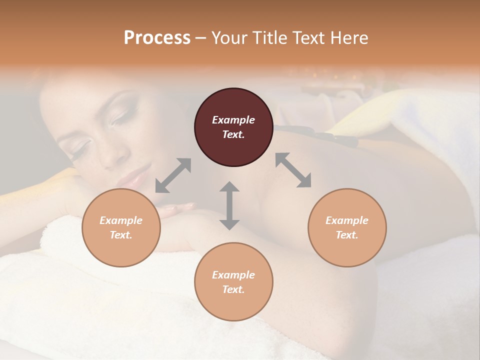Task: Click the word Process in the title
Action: [157, 38]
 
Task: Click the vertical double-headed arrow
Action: [229, 205]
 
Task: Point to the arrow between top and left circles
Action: [173, 175]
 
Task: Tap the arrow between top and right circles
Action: [293, 170]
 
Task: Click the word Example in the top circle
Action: [233, 120]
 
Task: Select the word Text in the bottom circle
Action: [233, 289]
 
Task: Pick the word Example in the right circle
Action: [347, 220]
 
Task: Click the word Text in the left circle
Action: [121, 235]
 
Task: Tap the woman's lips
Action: [134, 176]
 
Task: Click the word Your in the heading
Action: [228, 38]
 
